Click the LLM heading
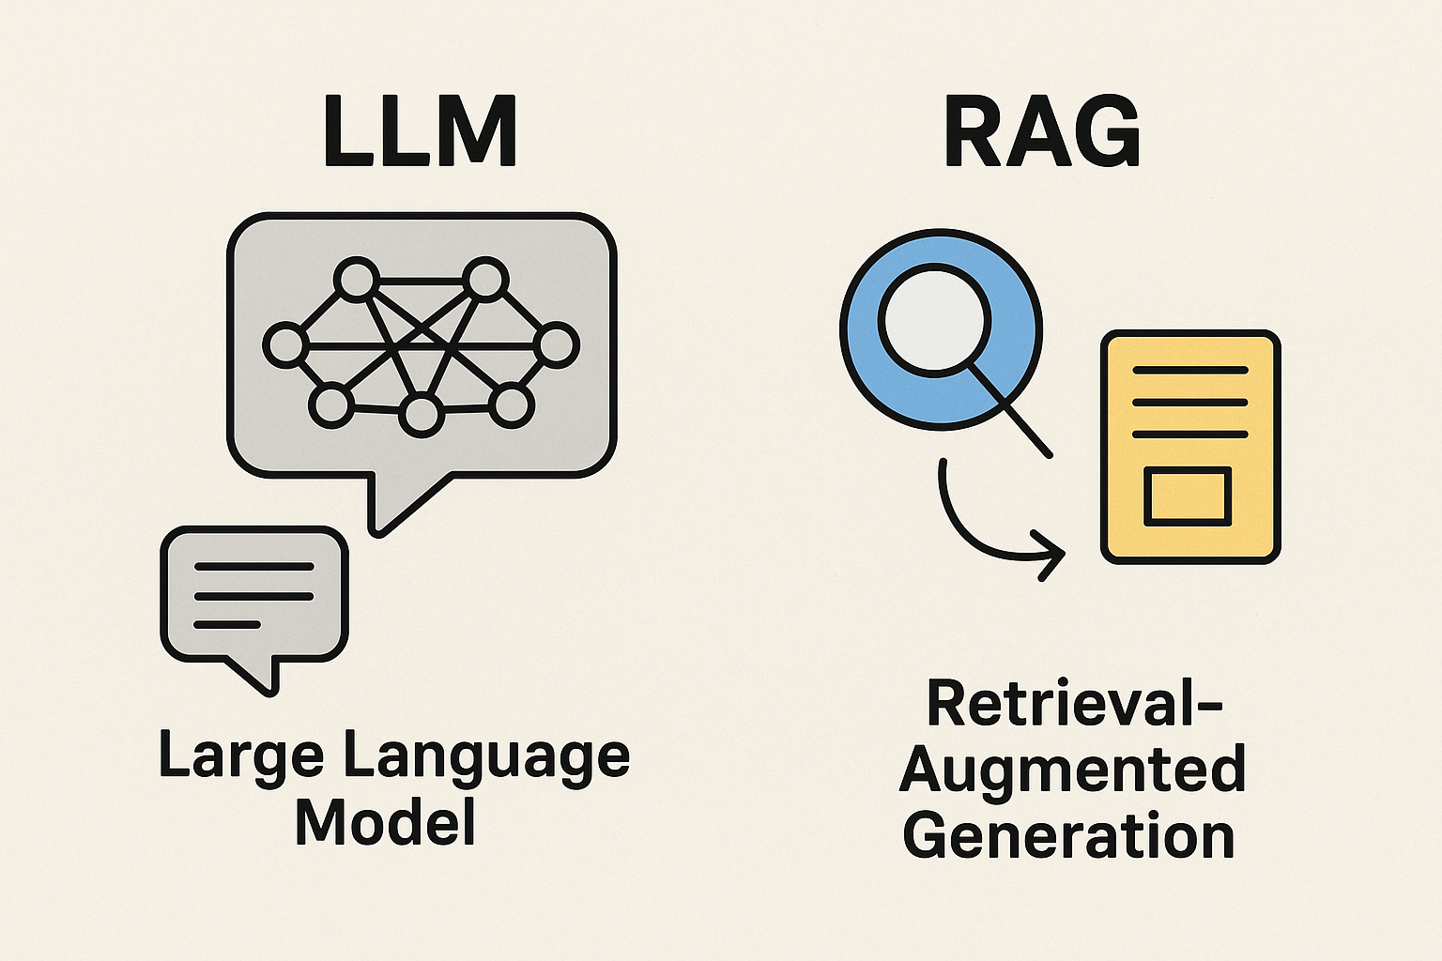pos(420,132)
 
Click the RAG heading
pos(1041,132)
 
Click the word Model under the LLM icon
pos(386,822)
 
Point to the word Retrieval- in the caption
pos(1074,703)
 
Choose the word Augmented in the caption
pos(1073,770)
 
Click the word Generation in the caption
pos(1068,836)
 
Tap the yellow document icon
pos(1190,447)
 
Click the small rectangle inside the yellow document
pos(1188,495)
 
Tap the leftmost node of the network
pos(284,344)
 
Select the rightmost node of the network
pos(557,344)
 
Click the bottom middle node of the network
pos(421,415)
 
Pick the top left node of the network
pos(356,280)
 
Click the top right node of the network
pos(485,280)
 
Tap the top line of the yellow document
pos(1190,371)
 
